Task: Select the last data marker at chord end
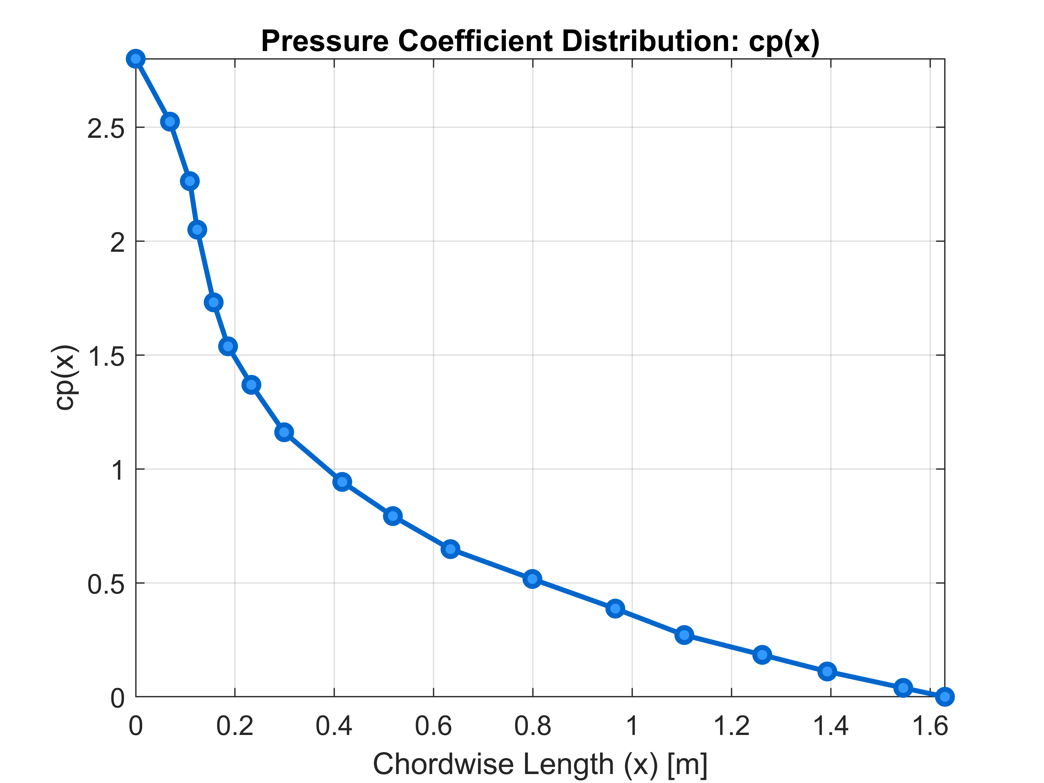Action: coord(944,696)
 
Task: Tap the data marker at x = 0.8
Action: coord(532,579)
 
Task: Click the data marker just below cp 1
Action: coord(342,482)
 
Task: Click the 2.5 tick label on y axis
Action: coord(106,128)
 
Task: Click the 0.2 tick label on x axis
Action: coord(234,726)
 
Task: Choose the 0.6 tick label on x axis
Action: coord(433,726)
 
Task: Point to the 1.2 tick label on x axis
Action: coord(731,726)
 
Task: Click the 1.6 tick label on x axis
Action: coord(930,726)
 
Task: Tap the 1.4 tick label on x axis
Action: coord(831,726)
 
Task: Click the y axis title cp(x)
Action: coord(65,378)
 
